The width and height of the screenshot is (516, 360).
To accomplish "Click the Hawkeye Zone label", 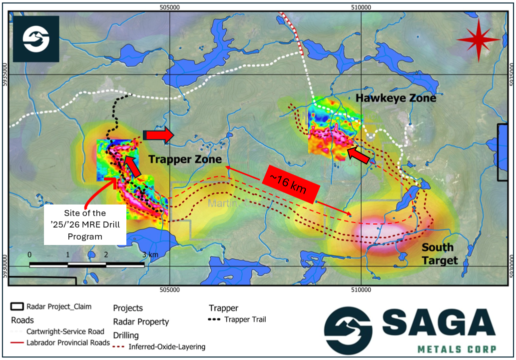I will pos(396,98).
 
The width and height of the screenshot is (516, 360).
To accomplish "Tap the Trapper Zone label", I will pos(185,159).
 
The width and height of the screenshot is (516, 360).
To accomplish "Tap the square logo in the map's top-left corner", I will pos(36,39).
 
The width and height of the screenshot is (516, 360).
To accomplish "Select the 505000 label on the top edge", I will pos(170,7).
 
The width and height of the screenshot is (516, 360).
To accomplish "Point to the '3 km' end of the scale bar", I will pos(149,255).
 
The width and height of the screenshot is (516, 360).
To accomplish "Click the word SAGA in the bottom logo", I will pos(434,323).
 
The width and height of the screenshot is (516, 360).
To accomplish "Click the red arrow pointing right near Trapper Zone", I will pos(158,135).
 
